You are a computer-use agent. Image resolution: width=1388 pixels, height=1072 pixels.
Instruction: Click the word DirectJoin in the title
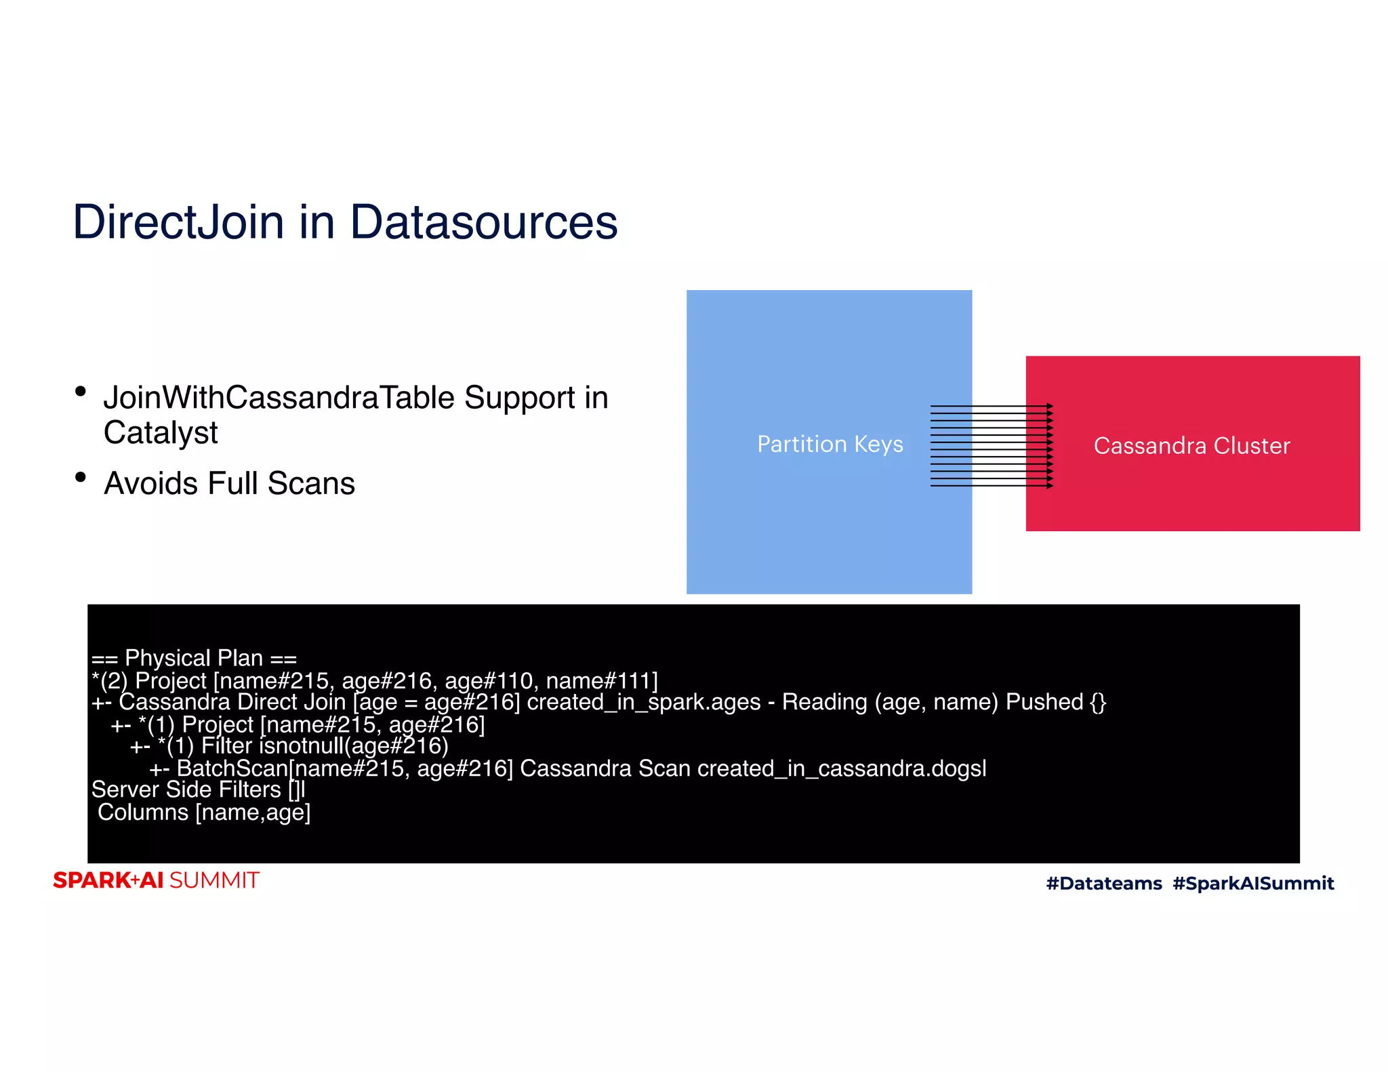click(x=178, y=222)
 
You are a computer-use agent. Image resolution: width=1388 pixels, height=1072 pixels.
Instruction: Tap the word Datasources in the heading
click(x=483, y=222)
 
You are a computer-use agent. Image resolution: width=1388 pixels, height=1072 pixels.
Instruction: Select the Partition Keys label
click(x=830, y=444)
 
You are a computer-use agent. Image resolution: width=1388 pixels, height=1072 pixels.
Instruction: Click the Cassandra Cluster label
click(x=1191, y=446)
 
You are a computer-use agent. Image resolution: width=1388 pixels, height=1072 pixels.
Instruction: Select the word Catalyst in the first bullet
click(x=161, y=433)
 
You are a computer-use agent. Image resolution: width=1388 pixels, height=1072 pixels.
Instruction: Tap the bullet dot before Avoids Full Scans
click(x=81, y=477)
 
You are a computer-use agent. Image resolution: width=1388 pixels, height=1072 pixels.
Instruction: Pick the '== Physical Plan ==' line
click(x=194, y=658)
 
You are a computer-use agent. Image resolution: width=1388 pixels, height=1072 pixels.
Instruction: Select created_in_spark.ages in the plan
click(x=643, y=702)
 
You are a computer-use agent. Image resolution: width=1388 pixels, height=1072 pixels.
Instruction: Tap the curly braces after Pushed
click(x=1097, y=702)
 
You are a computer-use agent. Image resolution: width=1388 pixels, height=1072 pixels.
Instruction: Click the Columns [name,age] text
click(x=204, y=812)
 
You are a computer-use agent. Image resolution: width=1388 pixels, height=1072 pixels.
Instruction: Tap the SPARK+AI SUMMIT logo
click(x=156, y=880)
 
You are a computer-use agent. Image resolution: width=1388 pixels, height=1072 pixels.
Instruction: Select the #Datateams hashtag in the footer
click(x=1103, y=883)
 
